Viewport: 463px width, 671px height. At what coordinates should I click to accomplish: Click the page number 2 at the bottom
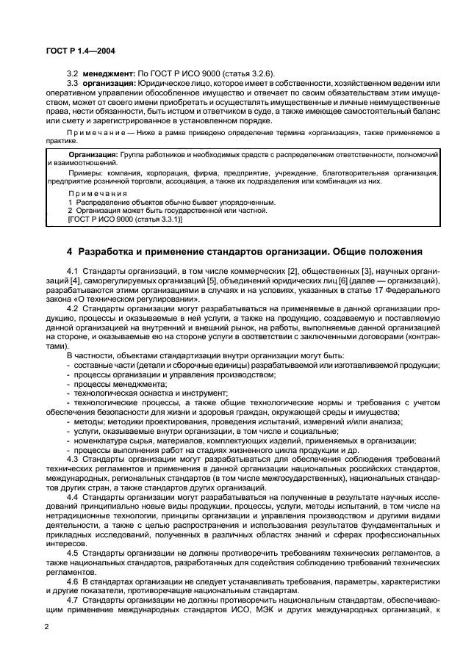point(46,626)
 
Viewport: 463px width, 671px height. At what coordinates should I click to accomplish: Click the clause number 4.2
point(73,308)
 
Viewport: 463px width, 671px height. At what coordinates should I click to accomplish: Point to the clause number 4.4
point(73,497)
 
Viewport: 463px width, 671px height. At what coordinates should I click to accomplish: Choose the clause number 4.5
point(73,552)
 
